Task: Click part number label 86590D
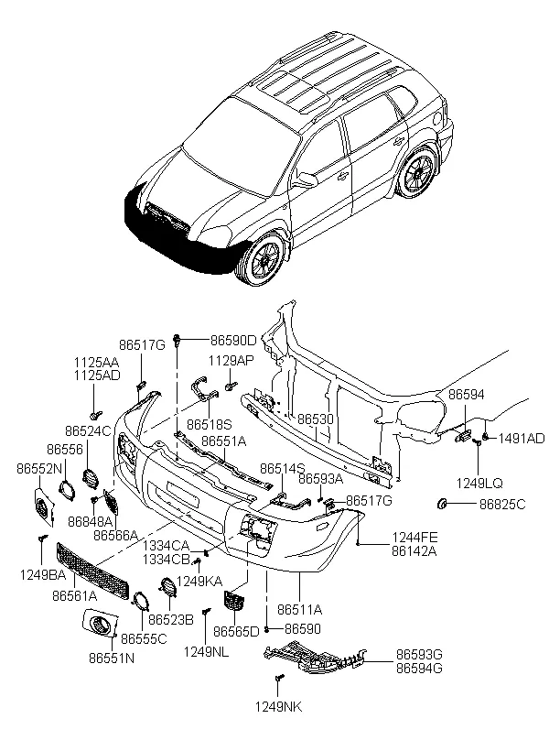(x=233, y=340)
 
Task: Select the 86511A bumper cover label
(x=299, y=610)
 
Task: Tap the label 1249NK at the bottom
(x=278, y=706)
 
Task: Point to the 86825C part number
(x=502, y=504)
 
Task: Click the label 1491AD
(x=522, y=439)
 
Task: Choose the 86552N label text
(x=39, y=468)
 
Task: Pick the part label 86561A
(x=75, y=595)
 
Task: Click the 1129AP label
(x=231, y=360)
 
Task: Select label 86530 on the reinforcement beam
(x=316, y=419)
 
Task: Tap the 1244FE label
(x=415, y=538)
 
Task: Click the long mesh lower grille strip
(x=92, y=571)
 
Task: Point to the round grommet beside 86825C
(x=442, y=504)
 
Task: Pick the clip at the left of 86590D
(x=178, y=340)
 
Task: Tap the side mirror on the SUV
(x=307, y=180)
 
